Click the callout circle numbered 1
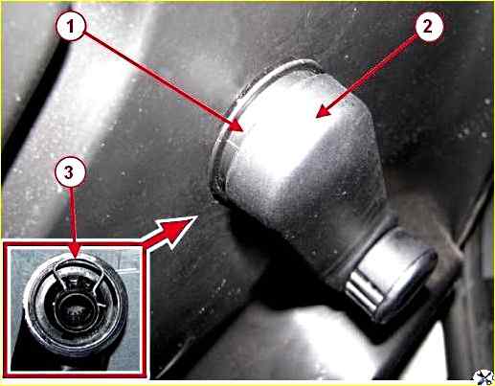(x=71, y=26)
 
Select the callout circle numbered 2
(x=427, y=26)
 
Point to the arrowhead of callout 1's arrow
(x=236, y=125)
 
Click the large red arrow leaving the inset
(x=169, y=231)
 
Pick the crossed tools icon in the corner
(x=483, y=376)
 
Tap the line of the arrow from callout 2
(x=371, y=74)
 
